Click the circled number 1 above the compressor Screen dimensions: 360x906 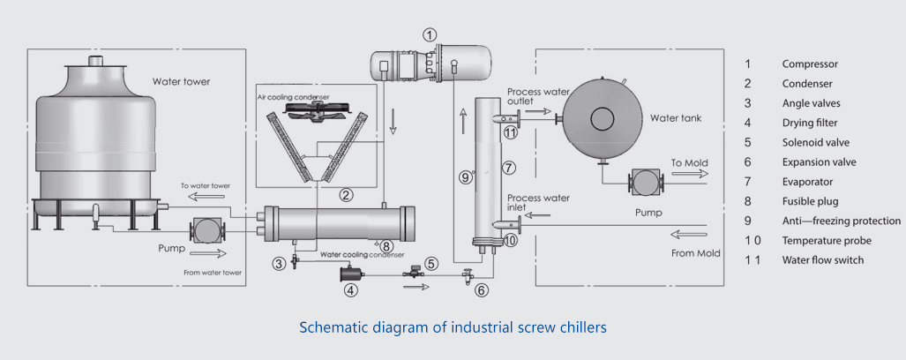tap(430, 35)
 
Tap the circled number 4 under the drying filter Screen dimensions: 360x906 tap(351, 289)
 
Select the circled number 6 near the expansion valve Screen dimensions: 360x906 tap(481, 290)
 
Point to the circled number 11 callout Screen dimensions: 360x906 tap(511, 133)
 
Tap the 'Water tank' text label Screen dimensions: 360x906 tap(676, 118)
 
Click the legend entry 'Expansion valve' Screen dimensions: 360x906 tap(819, 162)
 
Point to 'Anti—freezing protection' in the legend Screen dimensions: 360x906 tap(841, 221)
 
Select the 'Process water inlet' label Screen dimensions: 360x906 tap(538, 202)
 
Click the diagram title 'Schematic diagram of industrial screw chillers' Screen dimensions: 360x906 tap(453, 327)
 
